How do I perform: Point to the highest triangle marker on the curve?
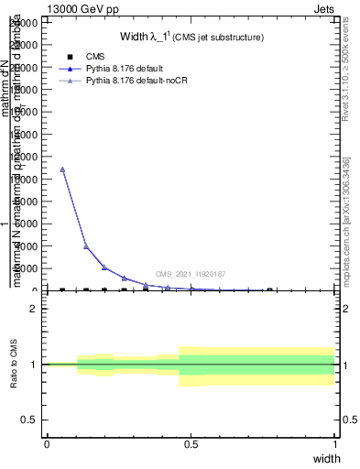coord(62,169)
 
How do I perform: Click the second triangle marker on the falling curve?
coord(86,246)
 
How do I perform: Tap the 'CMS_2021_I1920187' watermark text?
coord(190,274)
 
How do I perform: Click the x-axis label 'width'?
coord(327,458)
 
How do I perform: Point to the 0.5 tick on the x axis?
coord(191,444)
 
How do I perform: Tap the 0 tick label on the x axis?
coord(47,444)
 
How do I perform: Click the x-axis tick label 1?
coord(335,444)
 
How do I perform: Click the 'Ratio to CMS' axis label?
coord(14,364)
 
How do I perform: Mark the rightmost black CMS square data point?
coord(269,289)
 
